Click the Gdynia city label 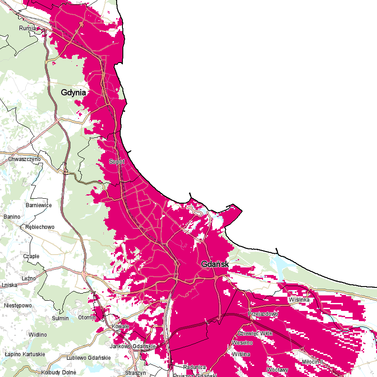74,92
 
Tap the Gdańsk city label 215,264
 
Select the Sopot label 117,162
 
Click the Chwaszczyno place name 24,159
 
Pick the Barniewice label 39,205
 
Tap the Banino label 12,216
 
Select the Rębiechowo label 40,227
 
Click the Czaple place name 31,256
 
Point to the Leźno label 28,278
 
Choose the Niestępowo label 18,306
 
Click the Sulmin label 60,318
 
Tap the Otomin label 87,318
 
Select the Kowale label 121,326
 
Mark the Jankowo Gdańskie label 133,346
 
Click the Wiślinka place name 299,300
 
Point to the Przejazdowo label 263,314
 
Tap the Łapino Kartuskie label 25,354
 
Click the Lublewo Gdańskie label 88,358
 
